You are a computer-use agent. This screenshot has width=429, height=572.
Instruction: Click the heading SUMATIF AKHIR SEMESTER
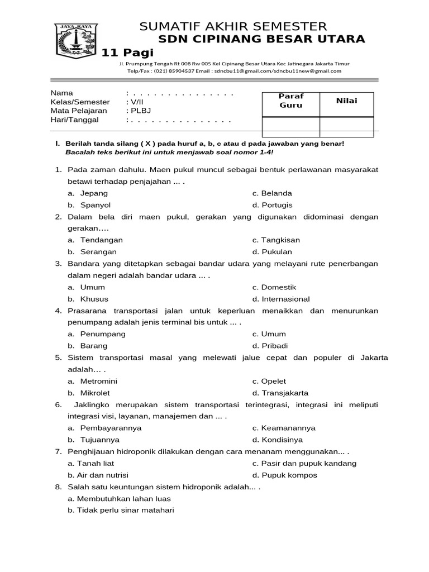pos(233,26)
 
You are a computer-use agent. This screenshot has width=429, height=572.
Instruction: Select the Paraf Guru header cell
pos(290,101)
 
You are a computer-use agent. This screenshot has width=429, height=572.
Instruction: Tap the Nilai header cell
pos(346,101)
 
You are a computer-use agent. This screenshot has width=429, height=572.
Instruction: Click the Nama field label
pos(61,93)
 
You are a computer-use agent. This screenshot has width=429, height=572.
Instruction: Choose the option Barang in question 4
pos(94,346)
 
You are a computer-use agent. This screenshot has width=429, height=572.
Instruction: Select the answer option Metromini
pos(99,381)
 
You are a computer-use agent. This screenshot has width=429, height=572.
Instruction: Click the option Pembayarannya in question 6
pos(111,428)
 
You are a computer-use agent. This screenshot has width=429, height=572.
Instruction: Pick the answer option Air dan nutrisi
pos(98,475)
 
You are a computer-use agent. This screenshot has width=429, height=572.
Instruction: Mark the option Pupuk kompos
pos(284,475)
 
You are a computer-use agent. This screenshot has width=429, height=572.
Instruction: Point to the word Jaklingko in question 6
pos(92,404)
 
